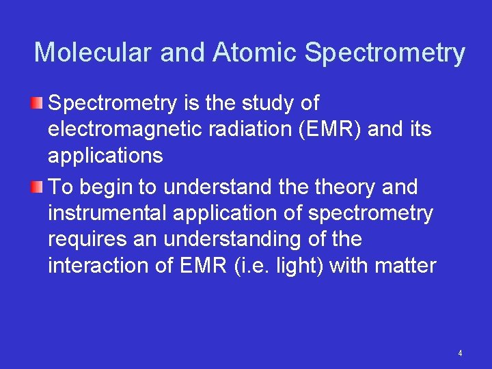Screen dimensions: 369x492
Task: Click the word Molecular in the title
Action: (91, 53)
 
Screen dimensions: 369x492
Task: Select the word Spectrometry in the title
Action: (385, 53)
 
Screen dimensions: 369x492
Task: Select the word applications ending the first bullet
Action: (105, 156)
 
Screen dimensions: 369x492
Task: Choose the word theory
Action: (338, 187)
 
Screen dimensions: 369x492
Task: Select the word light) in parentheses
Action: (297, 266)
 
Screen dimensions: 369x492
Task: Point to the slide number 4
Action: (460, 353)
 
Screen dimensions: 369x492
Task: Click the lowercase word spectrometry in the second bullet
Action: (370, 214)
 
